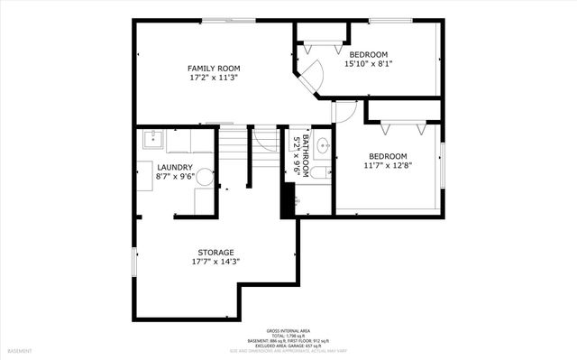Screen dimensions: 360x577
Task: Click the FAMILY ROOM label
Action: [x=214, y=69]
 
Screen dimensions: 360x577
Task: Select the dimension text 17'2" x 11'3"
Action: [x=214, y=78]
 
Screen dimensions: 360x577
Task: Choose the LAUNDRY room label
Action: [x=174, y=167]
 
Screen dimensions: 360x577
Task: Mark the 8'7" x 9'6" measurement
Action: [x=174, y=177]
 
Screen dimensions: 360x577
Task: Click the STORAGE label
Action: [x=215, y=252]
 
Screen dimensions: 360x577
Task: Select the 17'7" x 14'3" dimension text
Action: [x=215, y=262]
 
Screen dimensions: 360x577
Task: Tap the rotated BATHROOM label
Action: [x=298, y=154]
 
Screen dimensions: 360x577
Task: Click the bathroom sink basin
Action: [x=323, y=145]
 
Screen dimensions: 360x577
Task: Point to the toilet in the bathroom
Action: [x=321, y=171]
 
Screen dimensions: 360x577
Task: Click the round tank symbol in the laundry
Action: [x=205, y=177]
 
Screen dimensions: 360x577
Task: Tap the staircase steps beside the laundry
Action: [x=233, y=144]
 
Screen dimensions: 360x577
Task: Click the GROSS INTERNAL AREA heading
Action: [x=288, y=330]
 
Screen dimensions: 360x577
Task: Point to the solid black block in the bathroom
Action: [x=288, y=199]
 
